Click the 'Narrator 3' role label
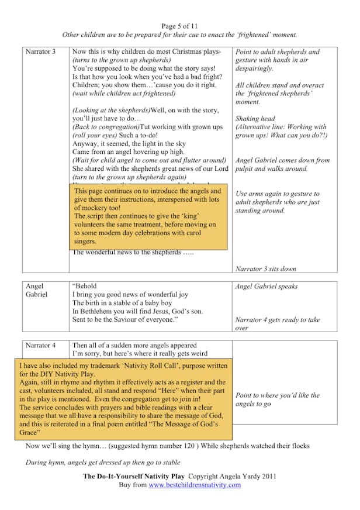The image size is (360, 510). tap(40, 52)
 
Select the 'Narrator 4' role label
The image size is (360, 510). tap(40, 346)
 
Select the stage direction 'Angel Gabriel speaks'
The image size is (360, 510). tap(266, 287)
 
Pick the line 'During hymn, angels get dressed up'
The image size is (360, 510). tap(96, 463)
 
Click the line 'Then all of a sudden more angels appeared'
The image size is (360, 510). tap(134, 346)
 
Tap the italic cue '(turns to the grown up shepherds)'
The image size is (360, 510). tap(122, 60)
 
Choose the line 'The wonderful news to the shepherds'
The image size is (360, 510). tap(133, 253)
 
